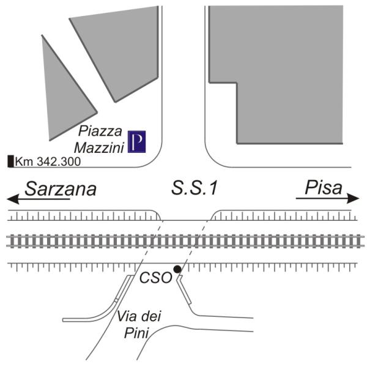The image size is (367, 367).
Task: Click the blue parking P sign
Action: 136,142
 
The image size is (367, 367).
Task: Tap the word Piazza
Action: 100,131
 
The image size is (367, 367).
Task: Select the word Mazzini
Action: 98,148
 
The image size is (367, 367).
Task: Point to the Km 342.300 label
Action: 48,161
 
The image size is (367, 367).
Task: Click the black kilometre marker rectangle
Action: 10,161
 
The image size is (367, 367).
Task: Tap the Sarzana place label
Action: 61,189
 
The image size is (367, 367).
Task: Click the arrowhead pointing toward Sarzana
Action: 13,199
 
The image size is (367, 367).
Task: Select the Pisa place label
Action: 324,188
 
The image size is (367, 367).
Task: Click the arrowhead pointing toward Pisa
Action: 353,198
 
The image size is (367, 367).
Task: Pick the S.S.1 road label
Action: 195,188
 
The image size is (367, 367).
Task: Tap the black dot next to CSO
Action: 177,269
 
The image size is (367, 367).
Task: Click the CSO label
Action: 156,278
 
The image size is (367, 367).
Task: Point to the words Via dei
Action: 139,316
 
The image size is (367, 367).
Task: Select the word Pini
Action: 136,333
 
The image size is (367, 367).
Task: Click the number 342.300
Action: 59,161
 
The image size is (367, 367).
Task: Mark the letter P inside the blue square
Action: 136,142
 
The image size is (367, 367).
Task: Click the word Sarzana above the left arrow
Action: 61,189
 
